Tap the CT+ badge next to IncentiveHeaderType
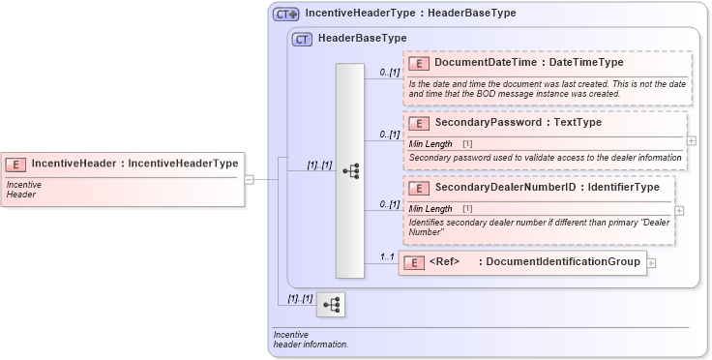[286, 15]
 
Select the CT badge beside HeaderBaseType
[302, 39]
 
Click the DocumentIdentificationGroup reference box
[521, 262]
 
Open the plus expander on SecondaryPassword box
[691, 140]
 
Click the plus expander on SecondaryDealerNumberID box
[679, 210]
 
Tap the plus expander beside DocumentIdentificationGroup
[652, 262]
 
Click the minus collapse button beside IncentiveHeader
[249, 179]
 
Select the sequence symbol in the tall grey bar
[350, 170]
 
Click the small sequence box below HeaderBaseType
[331, 304]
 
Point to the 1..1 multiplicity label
[386, 256]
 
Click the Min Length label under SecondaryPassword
[430, 144]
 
